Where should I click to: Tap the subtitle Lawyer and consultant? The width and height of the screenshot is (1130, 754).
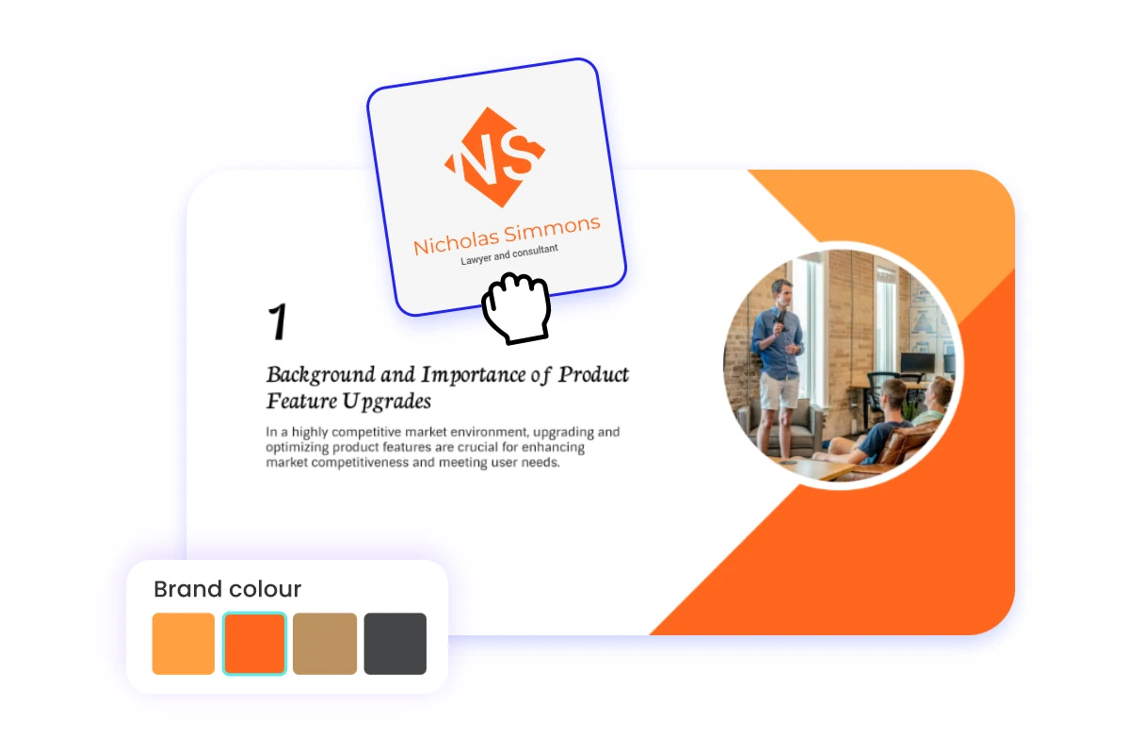coord(508,254)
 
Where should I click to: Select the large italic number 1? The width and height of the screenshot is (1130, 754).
coord(277,322)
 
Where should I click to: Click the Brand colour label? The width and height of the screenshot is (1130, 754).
coord(227,590)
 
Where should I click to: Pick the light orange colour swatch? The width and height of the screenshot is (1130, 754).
coord(184,644)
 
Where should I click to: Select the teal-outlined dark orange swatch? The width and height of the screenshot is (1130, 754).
coord(254,644)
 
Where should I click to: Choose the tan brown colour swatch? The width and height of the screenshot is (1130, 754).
coord(325,644)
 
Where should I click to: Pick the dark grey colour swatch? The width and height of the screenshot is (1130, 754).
coord(395,644)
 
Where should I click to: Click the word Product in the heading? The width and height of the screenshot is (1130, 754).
coord(593,375)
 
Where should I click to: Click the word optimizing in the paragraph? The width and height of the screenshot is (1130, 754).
coord(298,448)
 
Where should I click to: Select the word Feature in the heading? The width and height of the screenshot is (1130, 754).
coord(296,401)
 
